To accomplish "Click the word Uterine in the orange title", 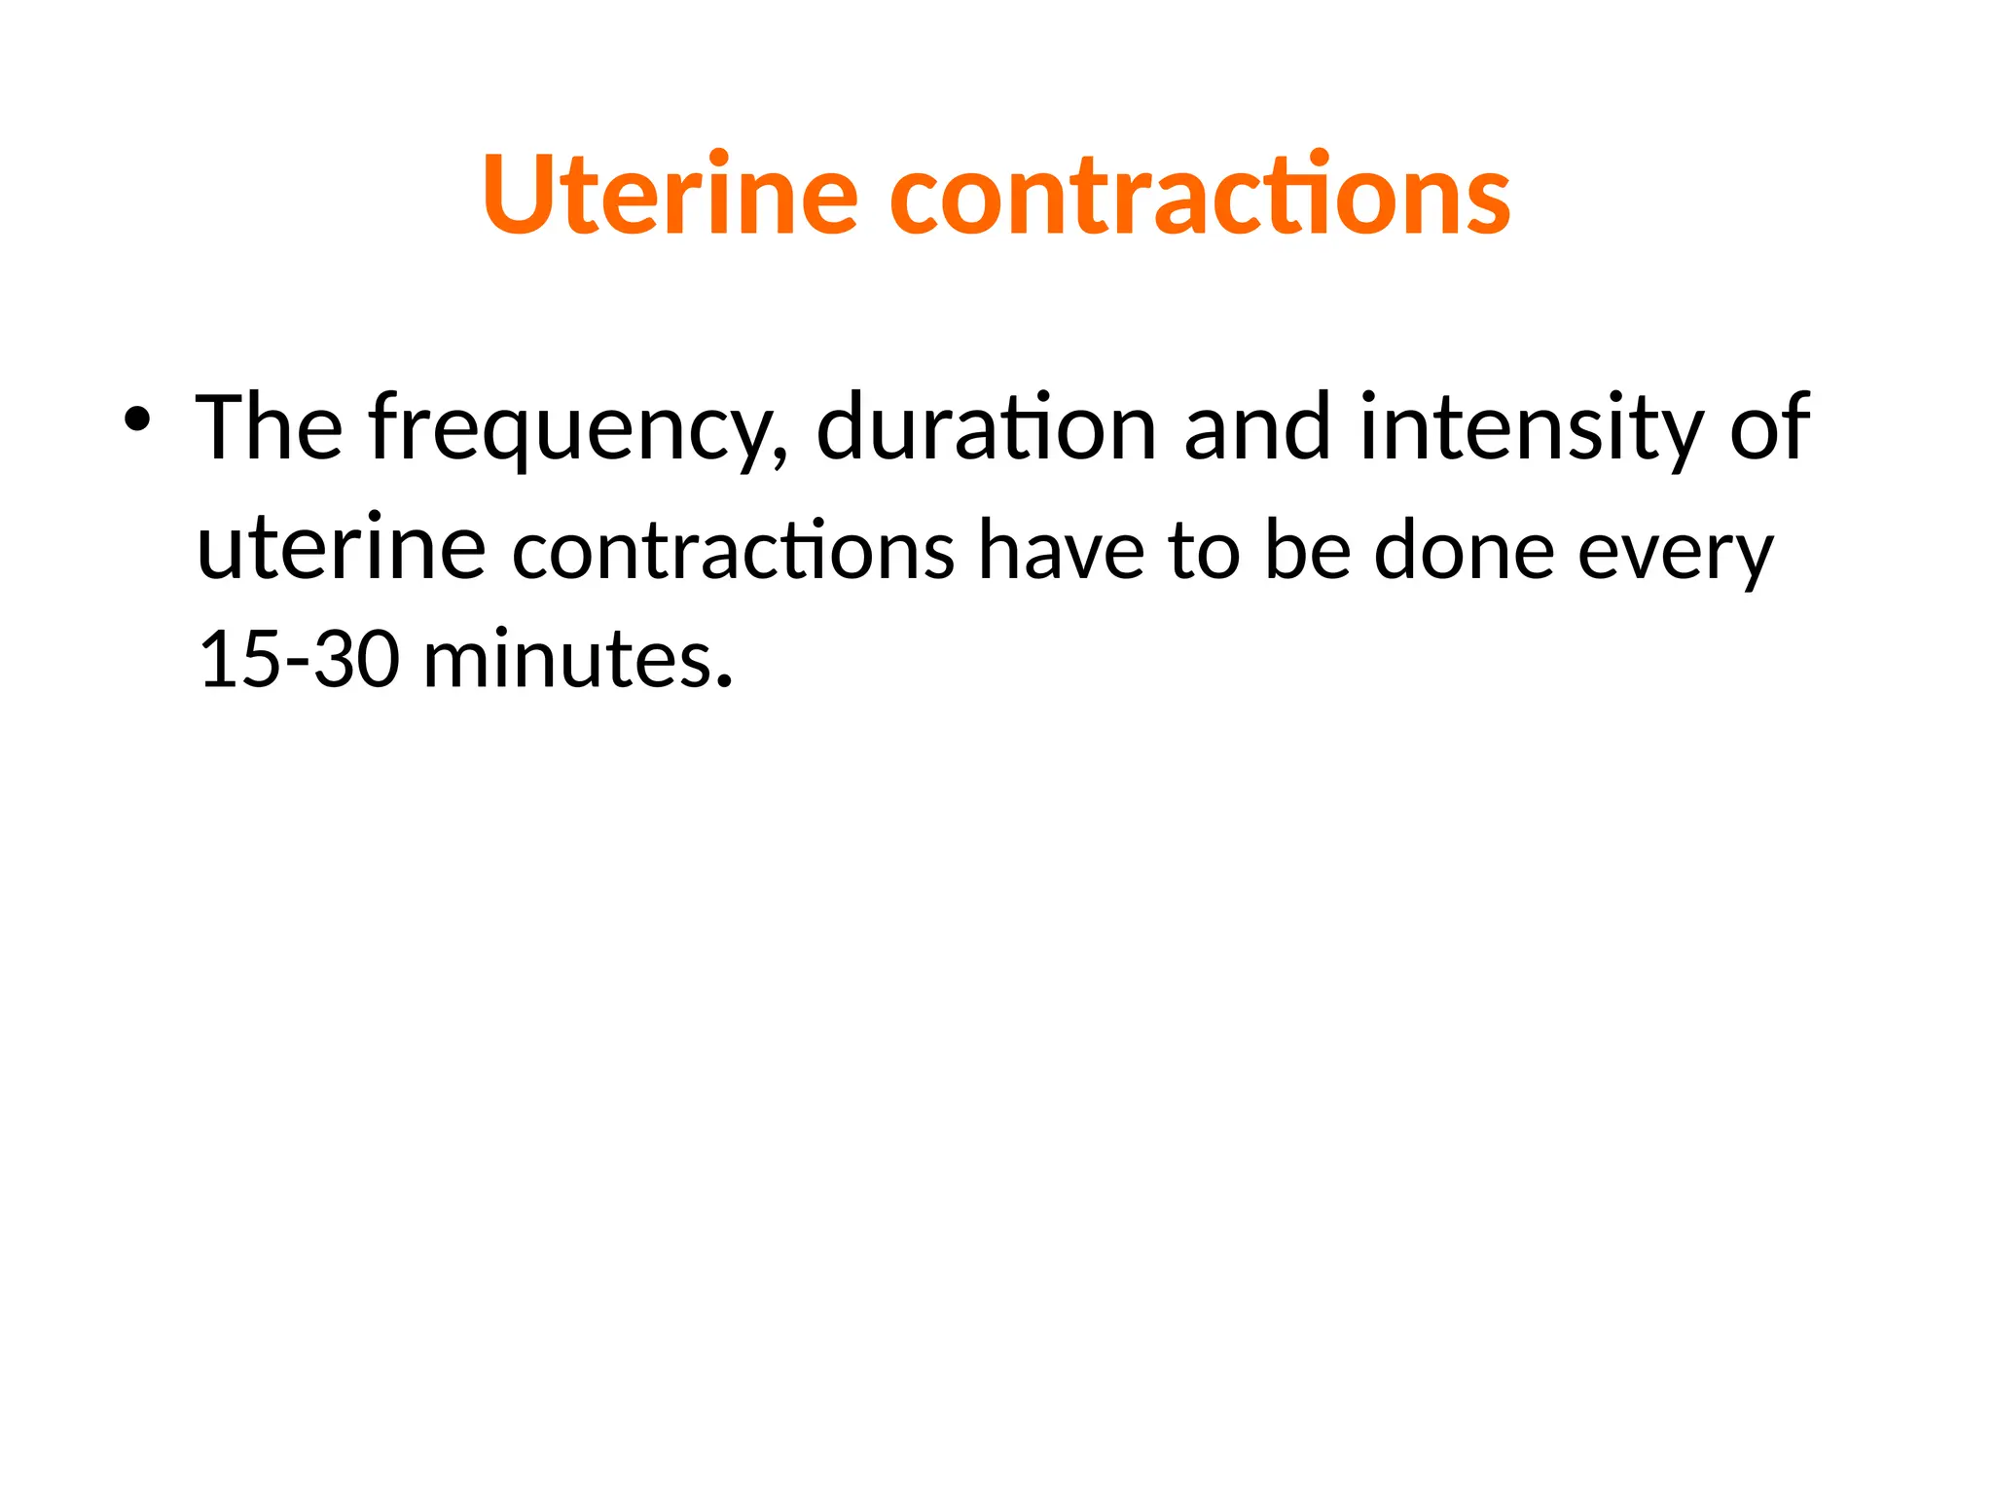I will point(670,194).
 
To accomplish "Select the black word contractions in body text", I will point(733,551).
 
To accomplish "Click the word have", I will point(1061,551).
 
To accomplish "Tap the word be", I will point(1307,551).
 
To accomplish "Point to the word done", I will point(1464,551).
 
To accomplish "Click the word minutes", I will point(568,660).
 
